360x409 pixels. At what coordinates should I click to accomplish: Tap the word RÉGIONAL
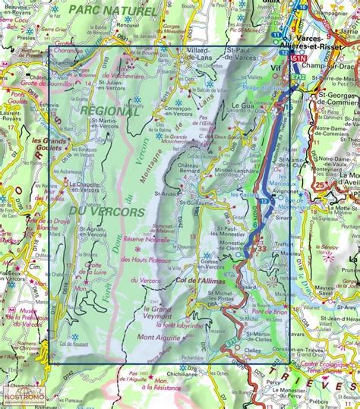[x=109, y=111]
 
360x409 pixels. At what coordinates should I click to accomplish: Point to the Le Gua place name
[x=241, y=105]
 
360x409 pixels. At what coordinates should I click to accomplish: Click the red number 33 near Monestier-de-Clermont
[x=262, y=247]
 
